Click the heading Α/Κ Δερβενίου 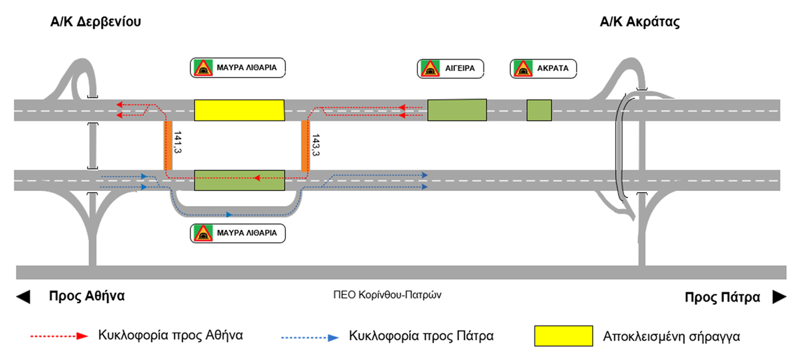[x=96, y=22]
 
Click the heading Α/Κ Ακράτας [x=639, y=22]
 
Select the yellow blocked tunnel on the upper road [x=239, y=110]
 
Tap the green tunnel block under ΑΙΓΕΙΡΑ [x=456, y=110]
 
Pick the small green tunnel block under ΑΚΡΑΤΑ [x=539, y=110]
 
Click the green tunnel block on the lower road [x=239, y=180]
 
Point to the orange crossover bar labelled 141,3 [x=168, y=145]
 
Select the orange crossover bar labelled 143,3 [x=306, y=145]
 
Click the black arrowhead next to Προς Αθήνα [x=23, y=297]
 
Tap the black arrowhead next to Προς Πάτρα [x=778, y=297]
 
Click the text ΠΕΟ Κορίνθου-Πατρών [x=387, y=296]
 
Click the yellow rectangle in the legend [x=563, y=335]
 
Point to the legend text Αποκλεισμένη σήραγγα [x=671, y=336]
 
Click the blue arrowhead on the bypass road [x=228, y=215]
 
